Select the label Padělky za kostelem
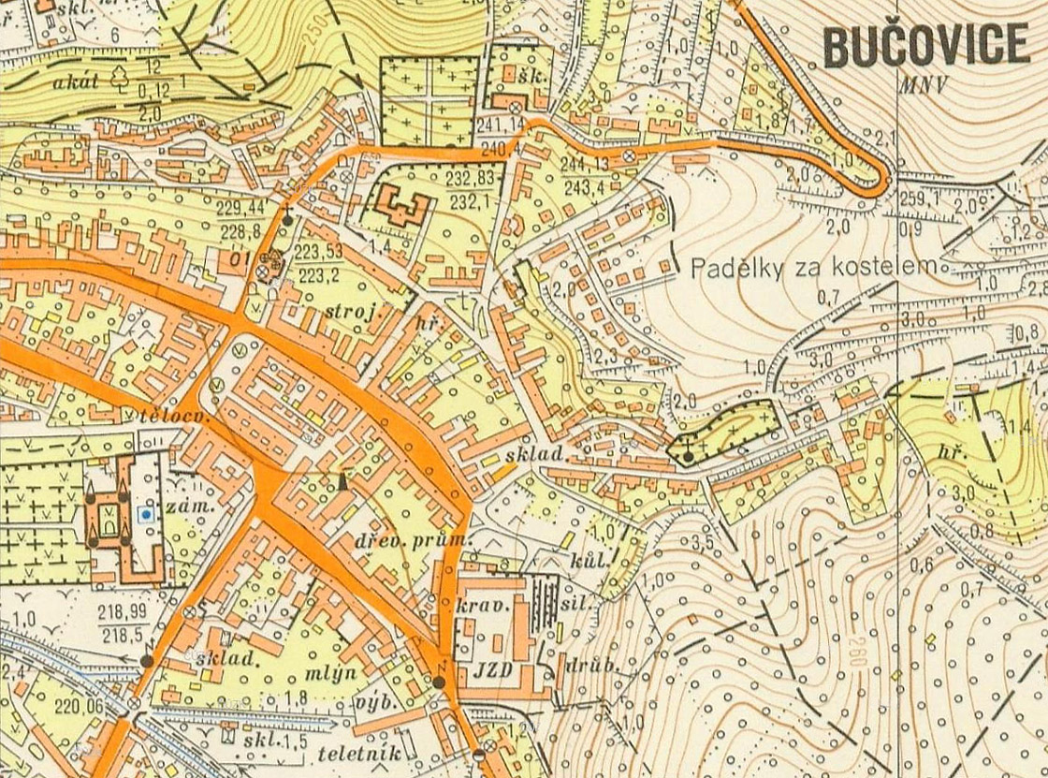813,269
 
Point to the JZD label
492,671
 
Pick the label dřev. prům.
412,541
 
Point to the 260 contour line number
855,653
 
